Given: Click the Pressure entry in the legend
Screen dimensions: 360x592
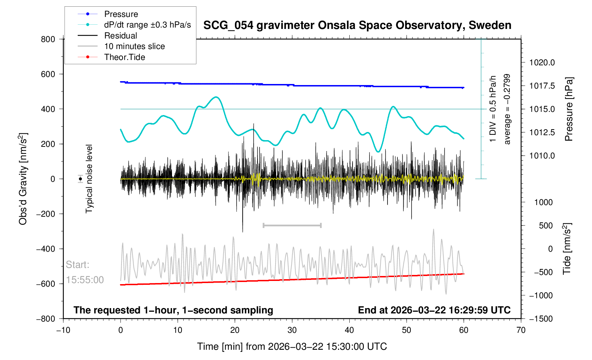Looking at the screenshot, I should [121, 14].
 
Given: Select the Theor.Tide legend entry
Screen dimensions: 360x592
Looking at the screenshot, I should [124, 57].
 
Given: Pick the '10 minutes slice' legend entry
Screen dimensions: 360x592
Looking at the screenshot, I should [134, 46].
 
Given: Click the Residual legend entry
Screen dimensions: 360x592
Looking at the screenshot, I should [120, 36].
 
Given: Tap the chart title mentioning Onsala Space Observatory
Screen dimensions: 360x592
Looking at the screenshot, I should [357, 25].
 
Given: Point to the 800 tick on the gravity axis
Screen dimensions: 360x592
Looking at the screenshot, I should [48, 39].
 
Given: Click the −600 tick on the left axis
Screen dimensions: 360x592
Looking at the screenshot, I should [46, 284].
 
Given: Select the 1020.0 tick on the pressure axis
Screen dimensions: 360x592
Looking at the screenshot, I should [542, 63].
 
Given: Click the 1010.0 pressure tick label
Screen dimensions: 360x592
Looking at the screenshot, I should [542, 156].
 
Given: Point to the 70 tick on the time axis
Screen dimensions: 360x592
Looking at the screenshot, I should [521, 330].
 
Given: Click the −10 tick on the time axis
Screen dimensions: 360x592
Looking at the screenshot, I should [63, 330].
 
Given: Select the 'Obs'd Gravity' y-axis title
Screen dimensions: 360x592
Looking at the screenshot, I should [23, 179].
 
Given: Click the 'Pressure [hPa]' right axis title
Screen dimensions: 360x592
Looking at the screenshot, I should [569, 109].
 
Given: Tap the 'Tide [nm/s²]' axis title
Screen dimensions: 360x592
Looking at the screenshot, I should [567, 249].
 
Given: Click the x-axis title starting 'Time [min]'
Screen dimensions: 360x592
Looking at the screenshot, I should [292, 347].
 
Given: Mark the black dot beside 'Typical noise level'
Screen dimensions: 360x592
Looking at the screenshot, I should [81, 179].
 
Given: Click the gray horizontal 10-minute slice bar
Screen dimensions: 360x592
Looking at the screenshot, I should [292, 225].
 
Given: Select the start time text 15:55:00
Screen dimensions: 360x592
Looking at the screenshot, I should [85, 280].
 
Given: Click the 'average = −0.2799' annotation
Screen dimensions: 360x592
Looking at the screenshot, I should [507, 109].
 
